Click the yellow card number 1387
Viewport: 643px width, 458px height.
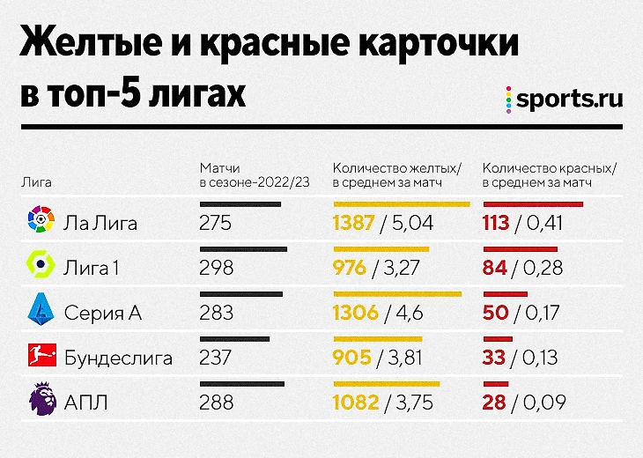[355, 223]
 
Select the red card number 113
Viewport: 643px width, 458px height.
[496, 223]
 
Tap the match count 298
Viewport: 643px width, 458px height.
[217, 268]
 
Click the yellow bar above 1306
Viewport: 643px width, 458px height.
[397, 294]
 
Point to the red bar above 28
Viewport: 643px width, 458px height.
[496, 384]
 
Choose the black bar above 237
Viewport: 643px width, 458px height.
[235, 339]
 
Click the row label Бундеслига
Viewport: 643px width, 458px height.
[118, 358]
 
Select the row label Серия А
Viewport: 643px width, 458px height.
[102, 313]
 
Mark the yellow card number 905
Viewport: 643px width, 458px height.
[351, 358]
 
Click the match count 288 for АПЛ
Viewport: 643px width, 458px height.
[217, 403]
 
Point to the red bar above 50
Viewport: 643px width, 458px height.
[505, 294]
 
